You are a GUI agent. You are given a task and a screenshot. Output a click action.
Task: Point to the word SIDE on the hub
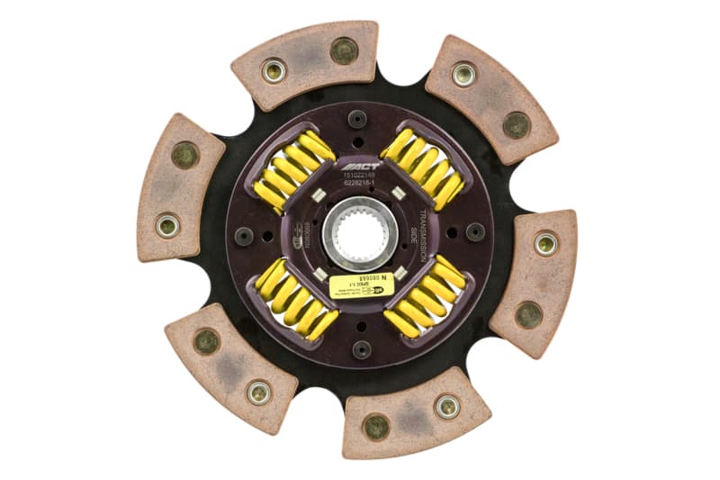click(x=414, y=231)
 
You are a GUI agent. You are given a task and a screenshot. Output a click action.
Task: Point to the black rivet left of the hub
click(x=244, y=235)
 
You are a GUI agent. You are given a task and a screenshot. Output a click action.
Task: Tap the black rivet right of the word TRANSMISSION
click(x=475, y=232)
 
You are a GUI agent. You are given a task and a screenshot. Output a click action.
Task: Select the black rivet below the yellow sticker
click(x=361, y=349)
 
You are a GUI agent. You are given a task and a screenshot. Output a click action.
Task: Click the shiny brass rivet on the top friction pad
click(x=274, y=70)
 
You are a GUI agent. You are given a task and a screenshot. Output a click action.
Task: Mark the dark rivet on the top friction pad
click(x=343, y=50)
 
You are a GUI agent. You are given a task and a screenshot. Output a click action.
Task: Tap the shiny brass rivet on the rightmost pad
click(x=545, y=243)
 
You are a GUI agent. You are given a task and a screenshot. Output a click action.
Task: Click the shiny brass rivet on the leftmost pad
click(x=167, y=225)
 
